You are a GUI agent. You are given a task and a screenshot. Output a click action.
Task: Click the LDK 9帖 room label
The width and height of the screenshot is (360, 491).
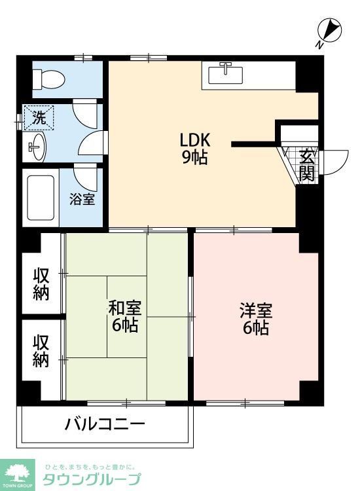click(x=194, y=149)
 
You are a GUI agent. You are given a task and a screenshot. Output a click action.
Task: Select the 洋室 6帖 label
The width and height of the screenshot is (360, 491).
click(x=255, y=319)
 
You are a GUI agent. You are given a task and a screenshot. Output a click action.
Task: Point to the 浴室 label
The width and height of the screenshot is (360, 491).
click(x=83, y=198)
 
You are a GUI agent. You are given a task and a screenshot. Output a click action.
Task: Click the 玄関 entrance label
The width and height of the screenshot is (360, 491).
click(x=307, y=165)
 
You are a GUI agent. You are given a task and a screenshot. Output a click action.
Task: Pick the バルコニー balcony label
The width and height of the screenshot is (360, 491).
click(x=104, y=424)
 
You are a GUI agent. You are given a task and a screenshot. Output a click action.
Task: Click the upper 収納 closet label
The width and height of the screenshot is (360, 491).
click(x=41, y=284)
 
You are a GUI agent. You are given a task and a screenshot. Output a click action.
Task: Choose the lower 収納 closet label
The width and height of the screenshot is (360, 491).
click(x=41, y=351)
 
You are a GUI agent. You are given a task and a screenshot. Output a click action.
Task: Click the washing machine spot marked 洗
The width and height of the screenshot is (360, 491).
click(x=39, y=118)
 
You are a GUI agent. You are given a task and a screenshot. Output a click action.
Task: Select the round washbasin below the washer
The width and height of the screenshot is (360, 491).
click(x=35, y=147)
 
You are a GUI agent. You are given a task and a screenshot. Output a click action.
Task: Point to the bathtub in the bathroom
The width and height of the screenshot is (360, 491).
click(x=41, y=197)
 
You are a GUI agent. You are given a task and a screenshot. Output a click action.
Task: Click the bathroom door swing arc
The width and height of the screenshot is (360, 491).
click(x=86, y=177)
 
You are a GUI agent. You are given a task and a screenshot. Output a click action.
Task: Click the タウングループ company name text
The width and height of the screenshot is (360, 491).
click(x=92, y=479)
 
